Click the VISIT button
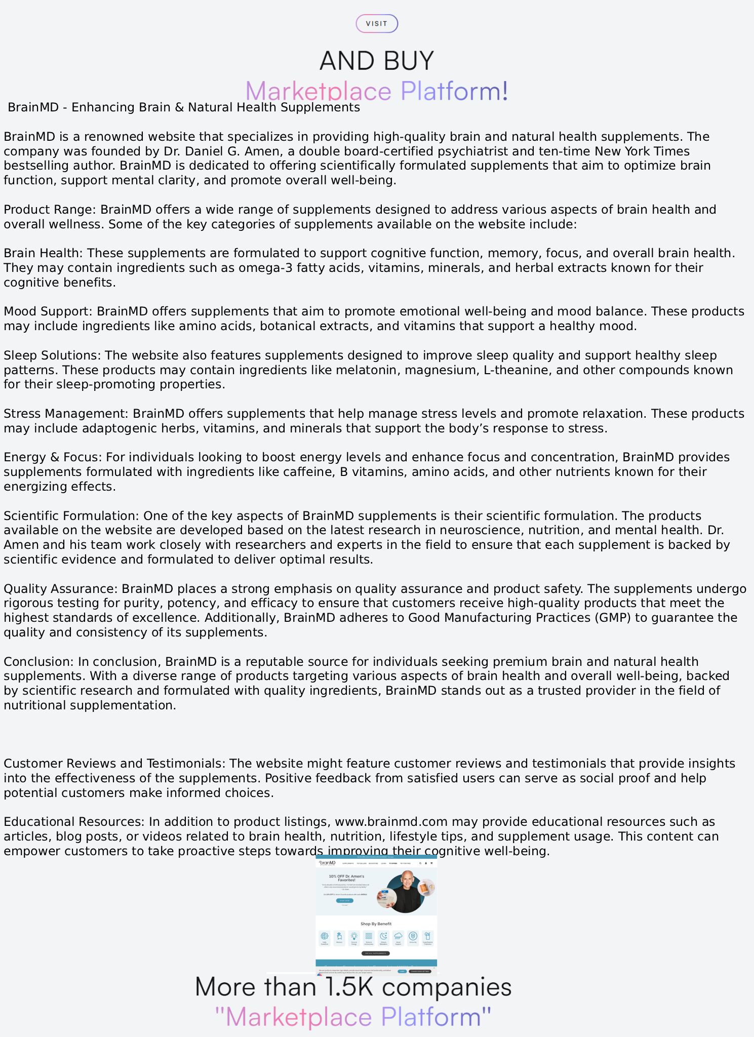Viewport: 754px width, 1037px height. point(377,24)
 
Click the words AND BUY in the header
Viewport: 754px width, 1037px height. point(377,61)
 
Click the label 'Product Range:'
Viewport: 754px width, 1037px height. point(50,210)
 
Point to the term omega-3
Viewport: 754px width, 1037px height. point(273,268)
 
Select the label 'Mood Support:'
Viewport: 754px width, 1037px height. point(48,311)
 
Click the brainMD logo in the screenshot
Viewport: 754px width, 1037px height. point(328,863)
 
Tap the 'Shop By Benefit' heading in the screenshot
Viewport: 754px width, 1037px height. point(376,924)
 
